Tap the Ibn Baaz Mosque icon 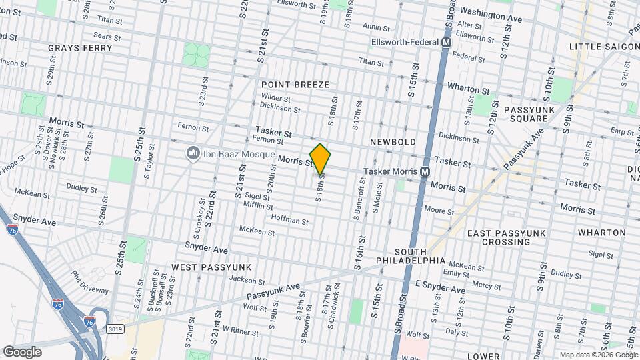pos(193,154)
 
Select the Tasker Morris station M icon pos(425,172)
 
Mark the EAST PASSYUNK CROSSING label pos(507,239)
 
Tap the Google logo pos(22,351)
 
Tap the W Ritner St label pos(235,329)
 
